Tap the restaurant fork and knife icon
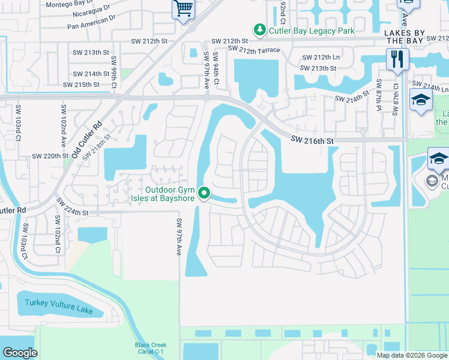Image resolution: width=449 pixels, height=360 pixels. tap(397, 59)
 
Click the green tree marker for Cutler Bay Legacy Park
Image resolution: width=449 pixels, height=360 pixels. tap(259, 29)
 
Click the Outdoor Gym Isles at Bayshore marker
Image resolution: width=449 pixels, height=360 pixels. tap(204, 193)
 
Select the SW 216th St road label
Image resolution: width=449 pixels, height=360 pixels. tap(312, 139)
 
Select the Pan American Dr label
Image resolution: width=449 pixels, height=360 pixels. tap(91, 26)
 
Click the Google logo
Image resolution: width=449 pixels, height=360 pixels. tap(20, 353)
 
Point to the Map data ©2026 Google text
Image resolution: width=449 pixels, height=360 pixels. tap(412, 355)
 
